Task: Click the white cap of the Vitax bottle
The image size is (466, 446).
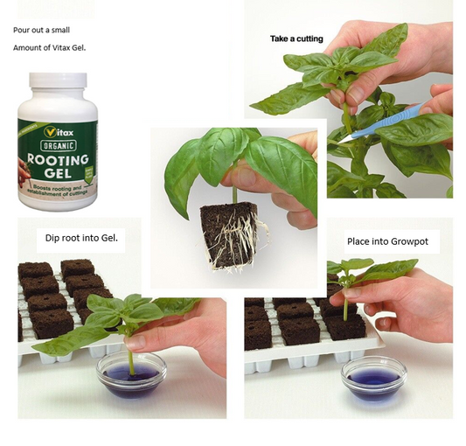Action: [x=58, y=87]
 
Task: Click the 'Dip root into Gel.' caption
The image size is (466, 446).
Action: [x=80, y=238]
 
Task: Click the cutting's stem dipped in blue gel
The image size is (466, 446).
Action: [x=132, y=359]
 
